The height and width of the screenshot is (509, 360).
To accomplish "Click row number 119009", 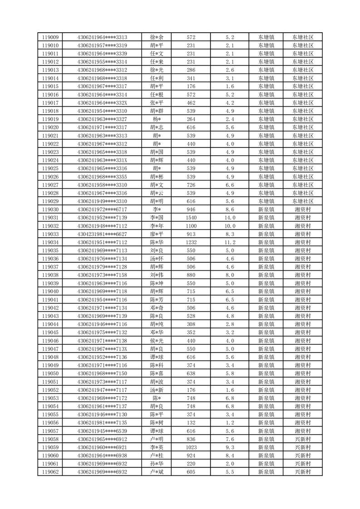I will click(50, 37).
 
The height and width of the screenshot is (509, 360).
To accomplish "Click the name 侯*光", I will click(157, 341).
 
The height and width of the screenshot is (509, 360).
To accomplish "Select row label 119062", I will click(50, 472).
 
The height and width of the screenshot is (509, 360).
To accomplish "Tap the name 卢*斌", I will click(157, 472).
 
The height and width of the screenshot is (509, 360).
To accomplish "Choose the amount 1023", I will click(191, 447).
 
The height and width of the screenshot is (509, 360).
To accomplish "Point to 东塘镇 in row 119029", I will click(266, 201).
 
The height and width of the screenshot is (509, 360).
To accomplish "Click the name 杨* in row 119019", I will click(157, 119).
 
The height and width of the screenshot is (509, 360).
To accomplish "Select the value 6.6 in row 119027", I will click(230, 185).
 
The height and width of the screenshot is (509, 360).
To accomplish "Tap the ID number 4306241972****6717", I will click(102, 210).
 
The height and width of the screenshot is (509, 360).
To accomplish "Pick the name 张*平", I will click(157, 103).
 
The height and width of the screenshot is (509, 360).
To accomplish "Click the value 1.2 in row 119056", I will click(230, 423).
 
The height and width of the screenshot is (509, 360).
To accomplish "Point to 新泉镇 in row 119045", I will click(266, 333).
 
